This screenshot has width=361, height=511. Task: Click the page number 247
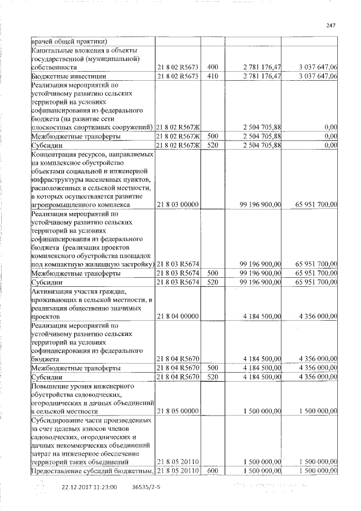[331, 25]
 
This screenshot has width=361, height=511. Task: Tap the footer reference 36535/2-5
[146, 486]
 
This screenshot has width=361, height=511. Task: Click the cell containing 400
[213, 67]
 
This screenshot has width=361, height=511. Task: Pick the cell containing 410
[213, 76]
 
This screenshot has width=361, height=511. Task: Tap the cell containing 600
[213, 470]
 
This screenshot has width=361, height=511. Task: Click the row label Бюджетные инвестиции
[64, 76]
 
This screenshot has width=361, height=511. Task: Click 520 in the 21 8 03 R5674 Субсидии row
[213, 281]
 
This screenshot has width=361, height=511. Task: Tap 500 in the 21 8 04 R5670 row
[213, 368]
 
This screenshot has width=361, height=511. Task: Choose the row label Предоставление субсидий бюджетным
[91, 470]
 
